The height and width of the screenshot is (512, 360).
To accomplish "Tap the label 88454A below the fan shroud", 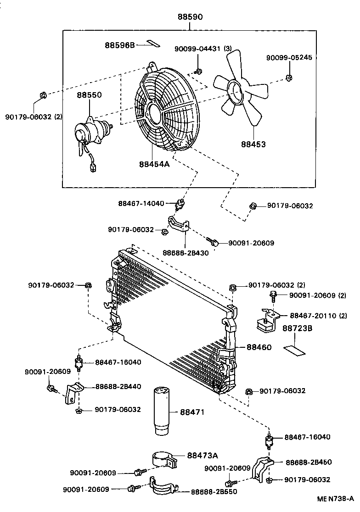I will click(155, 163).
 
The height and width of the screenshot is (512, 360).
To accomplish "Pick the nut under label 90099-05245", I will click(289, 77).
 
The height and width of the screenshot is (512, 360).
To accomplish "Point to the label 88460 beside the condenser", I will click(259, 347).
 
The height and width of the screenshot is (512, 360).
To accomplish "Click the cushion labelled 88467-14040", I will click(182, 203).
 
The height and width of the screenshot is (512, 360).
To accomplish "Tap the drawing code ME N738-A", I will click(335, 499).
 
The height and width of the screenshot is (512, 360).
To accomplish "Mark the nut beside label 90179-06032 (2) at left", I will click(42, 95).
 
